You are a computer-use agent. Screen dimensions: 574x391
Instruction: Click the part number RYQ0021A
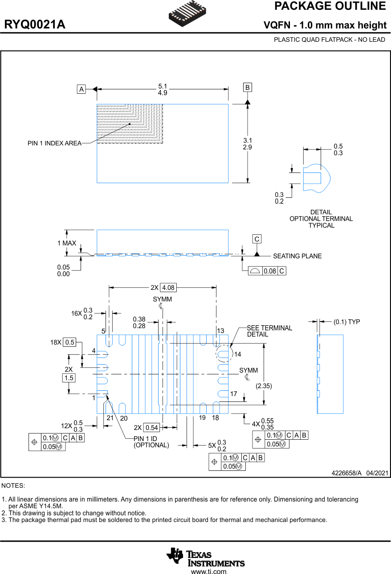tap(35, 25)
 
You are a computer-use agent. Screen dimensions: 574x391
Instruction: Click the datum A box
tap(81, 89)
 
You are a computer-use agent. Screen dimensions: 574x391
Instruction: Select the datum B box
tap(248, 88)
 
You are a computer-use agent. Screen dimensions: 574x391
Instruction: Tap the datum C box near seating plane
tap(257, 239)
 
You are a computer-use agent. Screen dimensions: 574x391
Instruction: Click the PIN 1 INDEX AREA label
tap(54, 143)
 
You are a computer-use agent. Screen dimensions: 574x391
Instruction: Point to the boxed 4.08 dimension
tap(168, 288)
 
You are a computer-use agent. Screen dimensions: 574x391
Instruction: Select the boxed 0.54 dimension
tap(152, 428)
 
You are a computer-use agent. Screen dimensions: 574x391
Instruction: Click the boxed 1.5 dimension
tap(69, 378)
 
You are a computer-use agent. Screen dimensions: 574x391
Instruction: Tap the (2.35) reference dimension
tap(264, 386)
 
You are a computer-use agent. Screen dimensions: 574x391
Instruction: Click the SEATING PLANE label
tap(297, 256)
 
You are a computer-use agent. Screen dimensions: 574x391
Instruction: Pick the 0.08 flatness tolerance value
tap(270, 271)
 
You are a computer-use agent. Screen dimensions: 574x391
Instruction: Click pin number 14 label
tap(237, 354)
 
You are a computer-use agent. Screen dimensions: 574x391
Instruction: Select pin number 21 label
tap(110, 418)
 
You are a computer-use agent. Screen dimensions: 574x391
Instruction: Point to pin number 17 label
tap(233, 394)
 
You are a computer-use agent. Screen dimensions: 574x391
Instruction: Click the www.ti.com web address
tap(208, 572)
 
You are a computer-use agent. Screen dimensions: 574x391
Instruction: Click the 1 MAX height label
tap(67, 243)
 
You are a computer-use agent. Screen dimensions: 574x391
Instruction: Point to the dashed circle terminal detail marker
tap(224, 354)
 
